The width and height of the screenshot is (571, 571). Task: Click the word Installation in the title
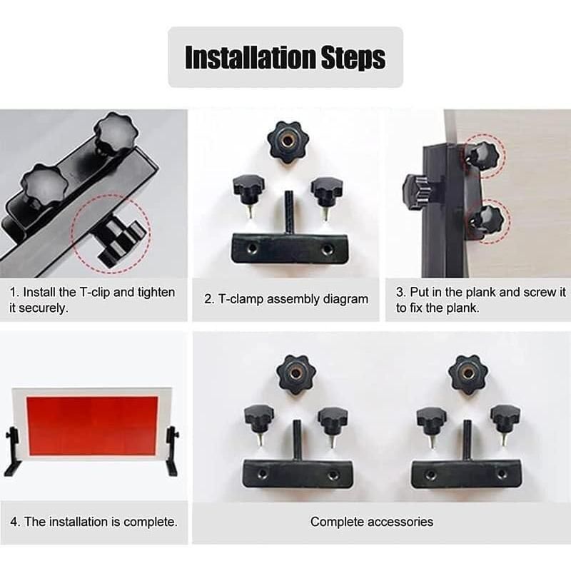click(249, 57)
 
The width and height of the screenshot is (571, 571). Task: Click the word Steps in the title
click(353, 58)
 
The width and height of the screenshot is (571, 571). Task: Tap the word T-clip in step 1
click(94, 293)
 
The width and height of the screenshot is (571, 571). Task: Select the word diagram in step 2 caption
click(345, 299)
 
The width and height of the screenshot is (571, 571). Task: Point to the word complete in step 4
click(151, 522)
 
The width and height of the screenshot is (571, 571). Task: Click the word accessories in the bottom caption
click(400, 522)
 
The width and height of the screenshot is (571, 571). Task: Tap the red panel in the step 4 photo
click(93, 425)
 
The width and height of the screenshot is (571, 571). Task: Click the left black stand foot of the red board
click(12, 452)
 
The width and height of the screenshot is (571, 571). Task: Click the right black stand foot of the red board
click(171, 452)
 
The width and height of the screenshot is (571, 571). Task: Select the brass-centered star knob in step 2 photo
click(288, 141)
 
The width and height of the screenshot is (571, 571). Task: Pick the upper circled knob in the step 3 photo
click(483, 155)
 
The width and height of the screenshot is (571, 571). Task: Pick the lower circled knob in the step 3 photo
click(487, 221)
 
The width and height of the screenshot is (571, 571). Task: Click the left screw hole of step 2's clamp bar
click(252, 249)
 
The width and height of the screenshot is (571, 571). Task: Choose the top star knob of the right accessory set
click(468, 375)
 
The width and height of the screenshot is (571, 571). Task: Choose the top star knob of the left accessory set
click(295, 375)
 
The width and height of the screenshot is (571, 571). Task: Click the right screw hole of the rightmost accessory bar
click(502, 474)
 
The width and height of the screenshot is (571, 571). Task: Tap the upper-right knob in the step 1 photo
click(116, 132)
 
